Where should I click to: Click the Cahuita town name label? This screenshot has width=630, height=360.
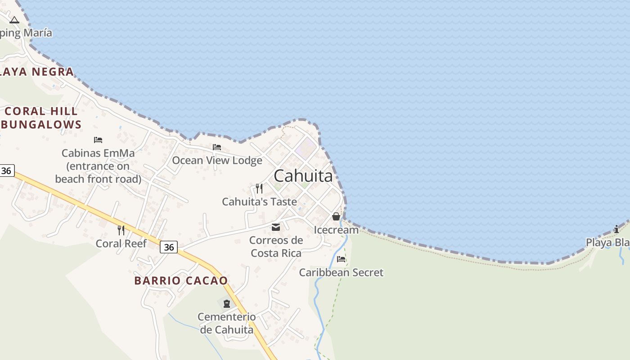(x=303, y=175)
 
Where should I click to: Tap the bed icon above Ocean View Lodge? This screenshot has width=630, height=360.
(x=217, y=147)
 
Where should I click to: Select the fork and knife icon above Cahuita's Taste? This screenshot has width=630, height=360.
(x=259, y=188)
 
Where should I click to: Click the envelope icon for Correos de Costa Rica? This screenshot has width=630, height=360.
(x=276, y=227)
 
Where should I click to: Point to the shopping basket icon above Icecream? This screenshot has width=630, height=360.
(x=336, y=216)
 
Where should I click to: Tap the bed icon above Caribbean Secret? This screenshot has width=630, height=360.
(x=341, y=259)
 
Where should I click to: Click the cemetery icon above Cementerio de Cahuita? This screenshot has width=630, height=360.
(x=226, y=303)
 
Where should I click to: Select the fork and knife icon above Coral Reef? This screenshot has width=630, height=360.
(x=121, y=230)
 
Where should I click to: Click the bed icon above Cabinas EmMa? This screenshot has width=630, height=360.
(x=98, y=140)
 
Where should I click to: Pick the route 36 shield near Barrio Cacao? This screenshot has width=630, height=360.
(x=169, y=247)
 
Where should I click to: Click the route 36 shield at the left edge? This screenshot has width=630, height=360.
(x=6, y=171)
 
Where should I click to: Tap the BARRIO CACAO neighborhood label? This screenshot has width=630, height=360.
(x=181, y=280)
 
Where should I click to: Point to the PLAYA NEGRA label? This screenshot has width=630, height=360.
(x=36, y=72)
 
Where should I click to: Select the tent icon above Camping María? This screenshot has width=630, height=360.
(x=14, y=20)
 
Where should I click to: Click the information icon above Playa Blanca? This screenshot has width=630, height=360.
(x=616, y=229)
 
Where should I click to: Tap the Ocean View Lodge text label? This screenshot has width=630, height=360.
(x=217, y=160)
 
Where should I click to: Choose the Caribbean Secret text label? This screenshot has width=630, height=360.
(x=341, y=272)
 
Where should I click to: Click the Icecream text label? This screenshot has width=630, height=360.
(x=336, y=230)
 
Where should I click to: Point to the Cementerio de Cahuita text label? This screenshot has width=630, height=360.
(x=226, y=323)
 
